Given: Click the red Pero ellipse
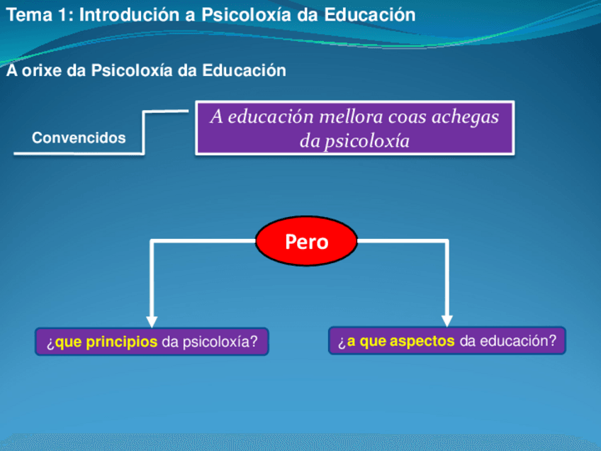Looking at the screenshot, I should (x=307, y=242).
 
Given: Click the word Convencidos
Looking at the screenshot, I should (x=79, y=138).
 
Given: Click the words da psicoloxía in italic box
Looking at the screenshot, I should (x=354, y=141).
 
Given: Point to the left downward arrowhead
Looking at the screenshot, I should (x=152, y=321).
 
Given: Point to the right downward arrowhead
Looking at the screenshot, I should (x=447, y=320).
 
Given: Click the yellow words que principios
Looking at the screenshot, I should (x=106, y=343).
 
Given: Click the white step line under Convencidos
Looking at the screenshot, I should (x=78, y=152).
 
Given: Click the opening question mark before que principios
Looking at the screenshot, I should (x=50, y=343).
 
